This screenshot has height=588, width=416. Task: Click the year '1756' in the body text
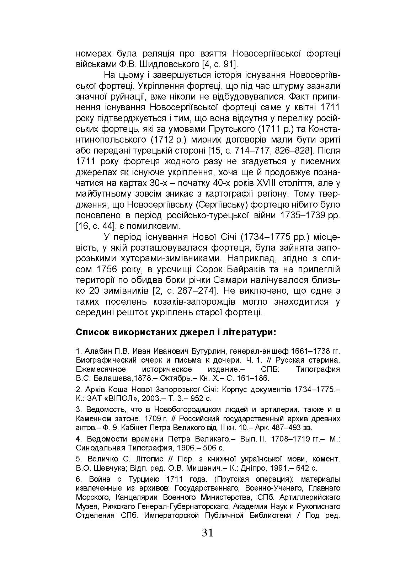(x=104, y=269)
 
